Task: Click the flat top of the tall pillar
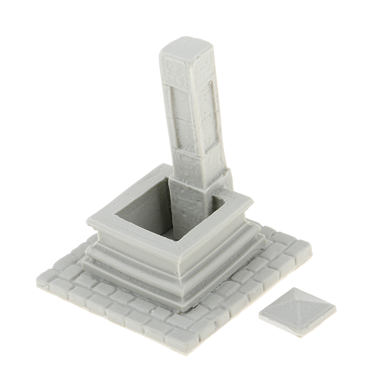186,47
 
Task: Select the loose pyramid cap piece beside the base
297,311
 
